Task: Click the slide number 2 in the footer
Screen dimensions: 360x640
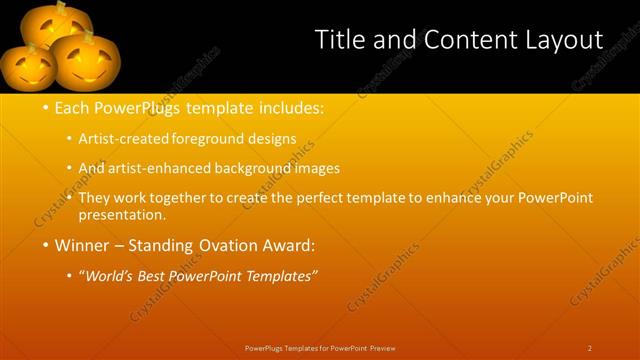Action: coord(590,348)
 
